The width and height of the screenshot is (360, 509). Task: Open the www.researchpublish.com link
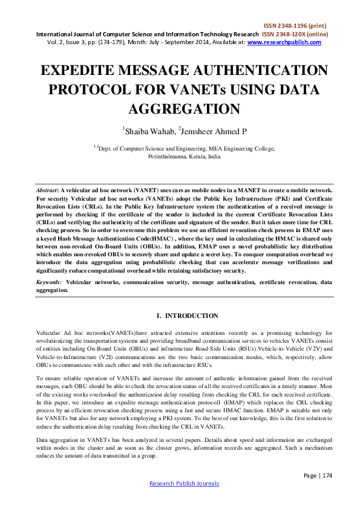pos(284,42)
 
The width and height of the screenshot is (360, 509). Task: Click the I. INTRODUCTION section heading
pos(179,316)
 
